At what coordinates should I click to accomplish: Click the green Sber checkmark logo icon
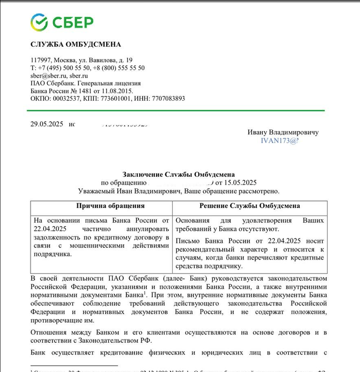39,22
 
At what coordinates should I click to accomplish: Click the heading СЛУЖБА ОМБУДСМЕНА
76,44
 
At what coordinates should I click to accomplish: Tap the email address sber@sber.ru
49,76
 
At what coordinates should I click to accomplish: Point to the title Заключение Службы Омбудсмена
179,174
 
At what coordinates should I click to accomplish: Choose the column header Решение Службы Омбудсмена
250,206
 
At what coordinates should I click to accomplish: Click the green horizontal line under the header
175,110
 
